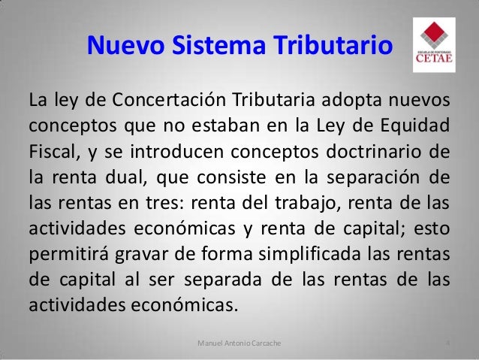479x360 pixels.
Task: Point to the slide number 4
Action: pos(447,343)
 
